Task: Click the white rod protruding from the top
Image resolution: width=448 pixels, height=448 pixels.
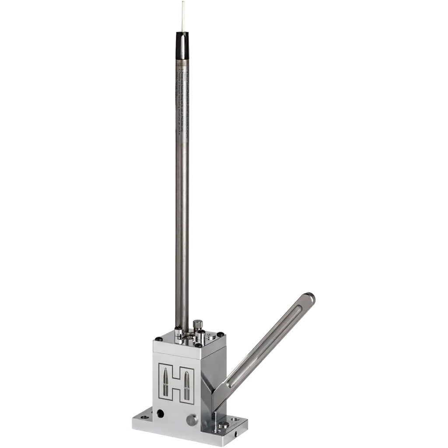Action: [183, 16]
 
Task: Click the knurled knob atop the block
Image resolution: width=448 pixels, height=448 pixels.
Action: [197, 324]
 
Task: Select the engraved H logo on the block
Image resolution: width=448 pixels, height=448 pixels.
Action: [176, 382]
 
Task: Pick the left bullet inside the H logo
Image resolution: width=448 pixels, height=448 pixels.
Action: [166, 382]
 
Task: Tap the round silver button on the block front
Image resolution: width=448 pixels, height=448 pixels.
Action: [192, 420]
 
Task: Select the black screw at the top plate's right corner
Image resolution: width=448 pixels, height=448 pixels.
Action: [220, 335]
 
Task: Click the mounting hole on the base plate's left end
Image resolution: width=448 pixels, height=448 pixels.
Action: [144, 417]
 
